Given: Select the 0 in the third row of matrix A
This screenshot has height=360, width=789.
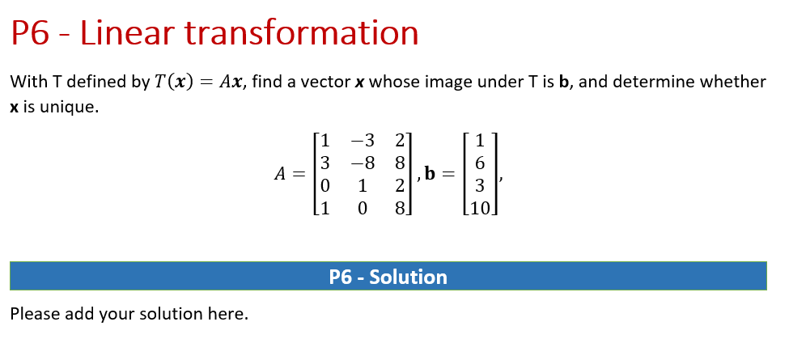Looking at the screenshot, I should (325, 186).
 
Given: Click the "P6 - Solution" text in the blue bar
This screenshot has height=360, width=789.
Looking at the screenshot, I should (388, 277).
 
